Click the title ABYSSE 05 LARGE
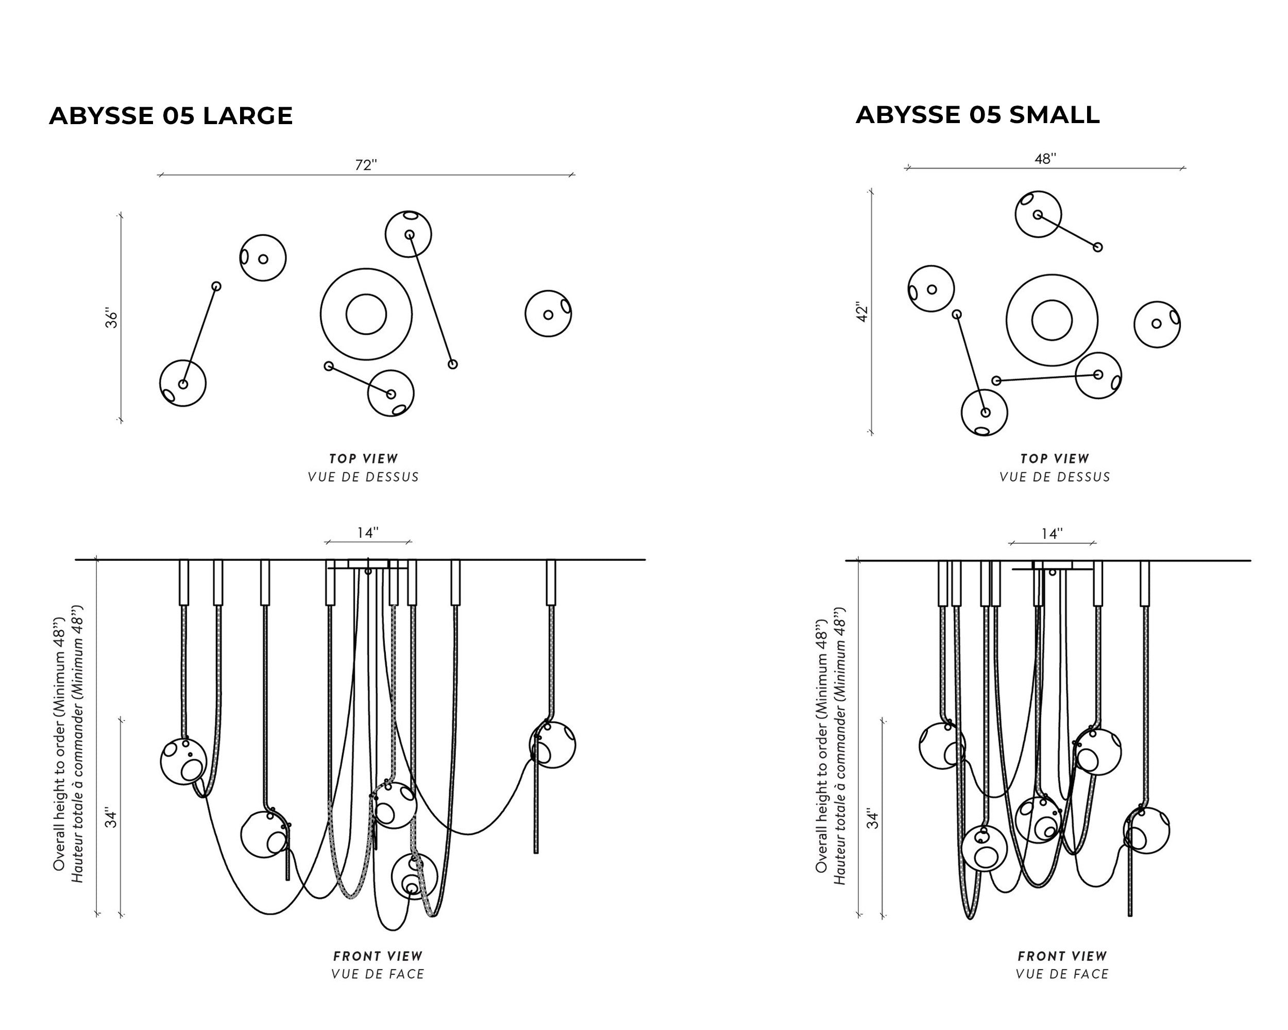tap(171, 116)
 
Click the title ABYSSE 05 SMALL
tap(977, 115)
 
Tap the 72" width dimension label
tap(366, 165)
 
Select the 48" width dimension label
tap(1045, 159)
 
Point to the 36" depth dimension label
tap(112, 318)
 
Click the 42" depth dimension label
tap(862, 312)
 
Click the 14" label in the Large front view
tap(368, 533)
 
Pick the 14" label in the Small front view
tap(1052, 534)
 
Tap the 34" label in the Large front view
tap(112, 818)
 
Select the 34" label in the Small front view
tap(873, 819)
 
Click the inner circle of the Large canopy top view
tap(366, 314)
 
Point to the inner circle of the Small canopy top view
tap(1052, 320)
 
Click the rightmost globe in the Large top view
tap(548, 314)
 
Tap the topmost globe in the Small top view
tap(1038, 214)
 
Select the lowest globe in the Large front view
tap(414, 877)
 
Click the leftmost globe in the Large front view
tap(183, 761)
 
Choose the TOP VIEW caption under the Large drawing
tap(363, 458)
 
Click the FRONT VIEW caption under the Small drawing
tap(1062, 956)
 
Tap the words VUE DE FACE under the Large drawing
tap(378, 974)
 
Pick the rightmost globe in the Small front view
tap(1146, 831)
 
